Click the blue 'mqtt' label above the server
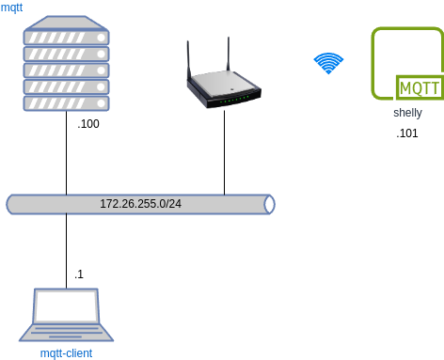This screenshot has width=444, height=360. (x=12, y=8)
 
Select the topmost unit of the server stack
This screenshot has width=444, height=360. (x=66, y=38)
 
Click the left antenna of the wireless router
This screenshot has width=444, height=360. (x=188, y=58)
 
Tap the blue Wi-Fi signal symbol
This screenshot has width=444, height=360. (x=328, y=63)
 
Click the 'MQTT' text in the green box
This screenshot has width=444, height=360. (x=418, y=88)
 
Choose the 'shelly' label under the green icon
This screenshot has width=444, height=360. (x=407, y=113)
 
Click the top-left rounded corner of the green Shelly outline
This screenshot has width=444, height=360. (x=376, y=32)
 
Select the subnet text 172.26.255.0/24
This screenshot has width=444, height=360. (x=140, y=204)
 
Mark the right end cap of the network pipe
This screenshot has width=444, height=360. (x=269, y=204)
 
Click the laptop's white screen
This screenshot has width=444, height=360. (x=66, y=306)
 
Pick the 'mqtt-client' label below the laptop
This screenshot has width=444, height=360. (x=66, y=352)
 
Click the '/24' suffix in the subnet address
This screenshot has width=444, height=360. (x=172, y=204)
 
